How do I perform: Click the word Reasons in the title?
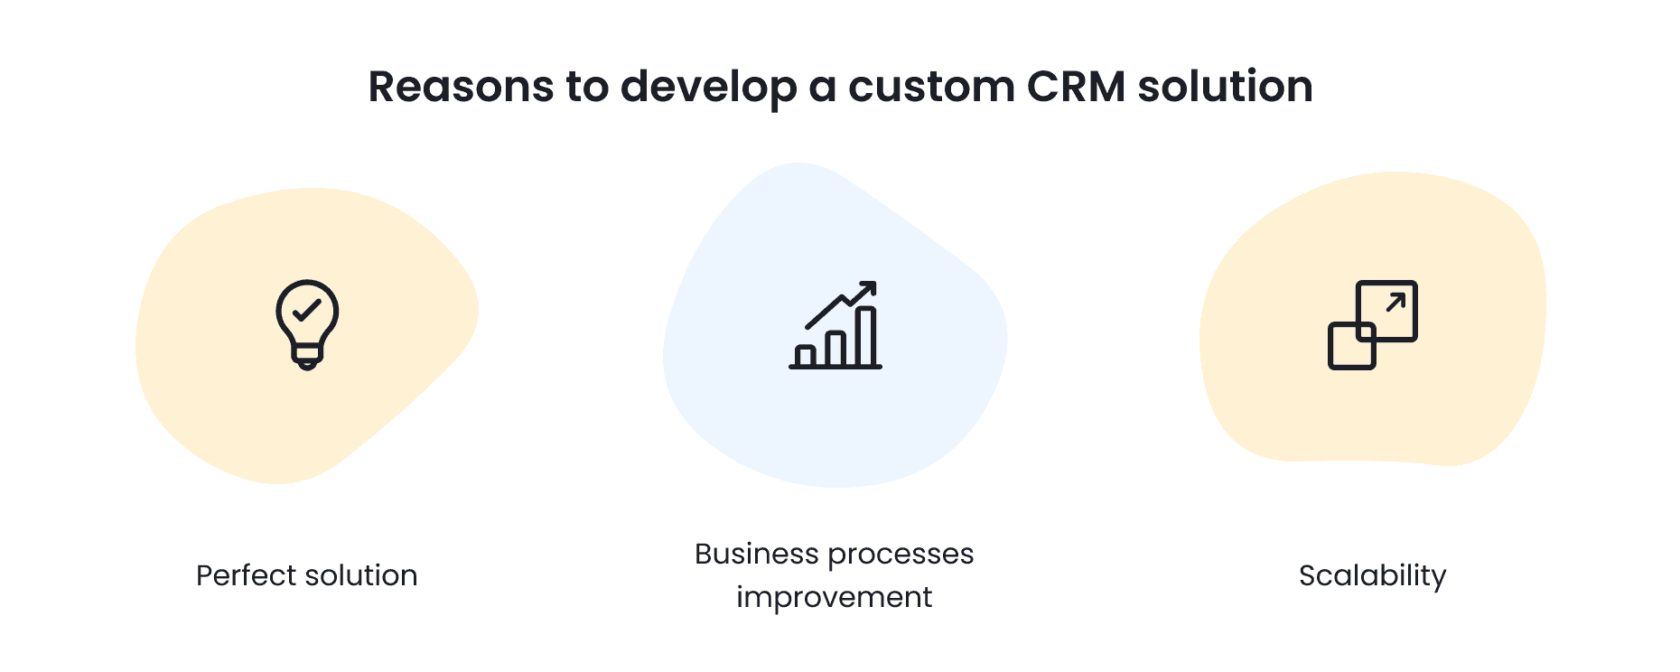click(461, 88)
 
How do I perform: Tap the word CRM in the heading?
click(1076, 88)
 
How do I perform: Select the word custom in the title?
click(931, 88)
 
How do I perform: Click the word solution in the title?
click(1225, 88)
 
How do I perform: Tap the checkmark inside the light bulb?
click(307, 310)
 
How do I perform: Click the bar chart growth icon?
click(835, 325)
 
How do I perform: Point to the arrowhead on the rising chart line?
click(869, 288)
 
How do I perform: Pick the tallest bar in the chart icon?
click(865, 337)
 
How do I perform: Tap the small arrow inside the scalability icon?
click(1395, 302)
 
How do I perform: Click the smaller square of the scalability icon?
click(1351, 346)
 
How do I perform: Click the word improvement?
click(834, 598)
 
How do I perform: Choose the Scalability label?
click(1372, 576)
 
